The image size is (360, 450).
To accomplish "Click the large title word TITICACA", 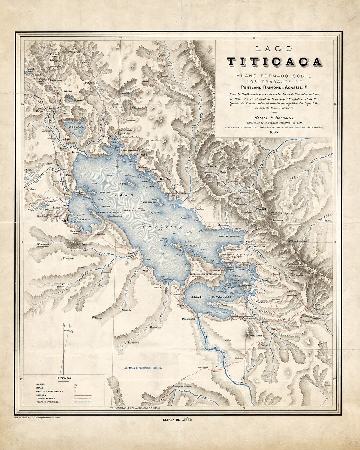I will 274,62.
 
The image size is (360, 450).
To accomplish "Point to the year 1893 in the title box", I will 274,132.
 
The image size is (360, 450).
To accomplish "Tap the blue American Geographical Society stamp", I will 143,368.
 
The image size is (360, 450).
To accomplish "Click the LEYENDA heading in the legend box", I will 63,378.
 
